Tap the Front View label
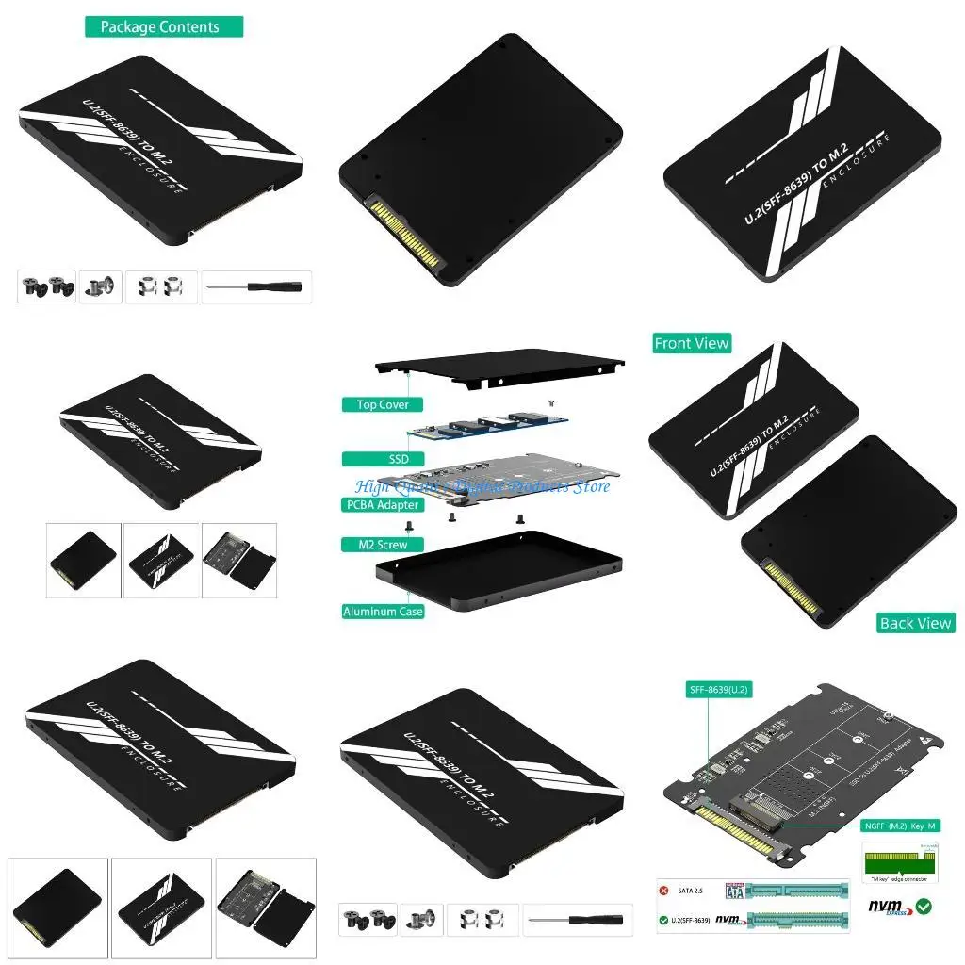pos(692,343)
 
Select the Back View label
pos(914,623)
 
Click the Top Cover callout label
pos(382,404)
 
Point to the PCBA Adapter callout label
pos(382,505)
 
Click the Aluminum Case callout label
pos(383,612)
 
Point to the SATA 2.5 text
pos(694,890)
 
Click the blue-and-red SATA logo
pos(736,890)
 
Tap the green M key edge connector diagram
pos(895,860)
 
